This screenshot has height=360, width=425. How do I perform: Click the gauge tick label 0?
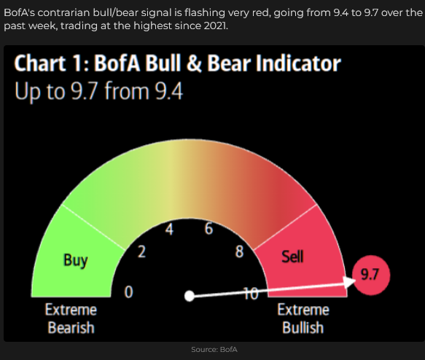(x=129, y=292)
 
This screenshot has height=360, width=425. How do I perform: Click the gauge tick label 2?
(x=141, y=251)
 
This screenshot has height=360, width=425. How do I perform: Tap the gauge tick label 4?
(x=169, y=229)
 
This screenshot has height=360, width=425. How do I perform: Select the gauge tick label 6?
(x=209, y=229)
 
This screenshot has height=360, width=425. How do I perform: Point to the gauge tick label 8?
(x=239, y=251)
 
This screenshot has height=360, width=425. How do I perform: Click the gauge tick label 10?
(x=251, y=294)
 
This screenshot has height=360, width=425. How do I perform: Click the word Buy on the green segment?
(x=76, y=261)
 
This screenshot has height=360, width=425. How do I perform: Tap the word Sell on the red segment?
(x=292, y=257)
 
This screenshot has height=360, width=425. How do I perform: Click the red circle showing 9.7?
(x=370, y=275)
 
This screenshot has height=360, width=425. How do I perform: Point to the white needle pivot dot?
(x=190, y=296)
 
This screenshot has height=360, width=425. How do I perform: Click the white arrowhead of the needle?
(x=350, y=282)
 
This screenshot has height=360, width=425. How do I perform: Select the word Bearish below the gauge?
(x=71, y=327)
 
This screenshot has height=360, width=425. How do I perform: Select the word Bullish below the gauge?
(x=303, y=327)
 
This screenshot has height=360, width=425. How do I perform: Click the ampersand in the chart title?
(x=194, y=63)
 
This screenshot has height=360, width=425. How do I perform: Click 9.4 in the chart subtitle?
(x=168, y=91)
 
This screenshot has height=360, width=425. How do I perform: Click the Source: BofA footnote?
(x=214, y=350)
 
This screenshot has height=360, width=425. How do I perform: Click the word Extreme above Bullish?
(x=303, y=310)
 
